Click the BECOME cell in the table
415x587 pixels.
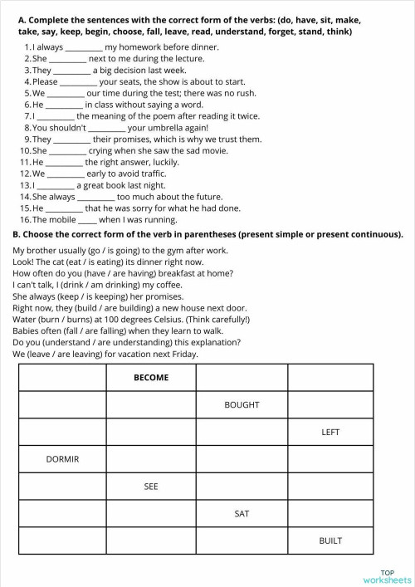coord(151,378)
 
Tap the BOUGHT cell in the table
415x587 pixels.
coord(242,405)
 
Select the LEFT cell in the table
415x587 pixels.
coord(330,433)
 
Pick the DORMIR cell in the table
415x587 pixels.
coord(62,459)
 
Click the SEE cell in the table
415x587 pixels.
coord(151,487)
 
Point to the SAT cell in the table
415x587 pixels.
coord(242,514)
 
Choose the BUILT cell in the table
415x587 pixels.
coord(330,541)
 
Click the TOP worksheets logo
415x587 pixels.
coord(387,576)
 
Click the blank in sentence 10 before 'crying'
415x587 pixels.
coord(68,151)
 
